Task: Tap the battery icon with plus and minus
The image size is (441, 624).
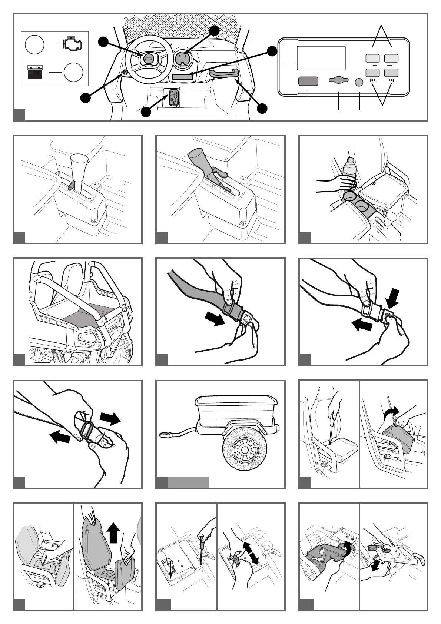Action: (x=35, y=73)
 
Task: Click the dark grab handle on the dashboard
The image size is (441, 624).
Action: (x=223, y=72)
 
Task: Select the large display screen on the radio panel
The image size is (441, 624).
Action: (x=321, y=58)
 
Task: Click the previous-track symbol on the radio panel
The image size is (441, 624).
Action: (x=373, y=80)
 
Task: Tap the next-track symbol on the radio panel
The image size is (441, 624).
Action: (x=391, y=80)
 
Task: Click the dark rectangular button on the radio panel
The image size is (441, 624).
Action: (x=308, y=81)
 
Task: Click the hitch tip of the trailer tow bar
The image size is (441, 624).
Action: (x=164, y=433)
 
